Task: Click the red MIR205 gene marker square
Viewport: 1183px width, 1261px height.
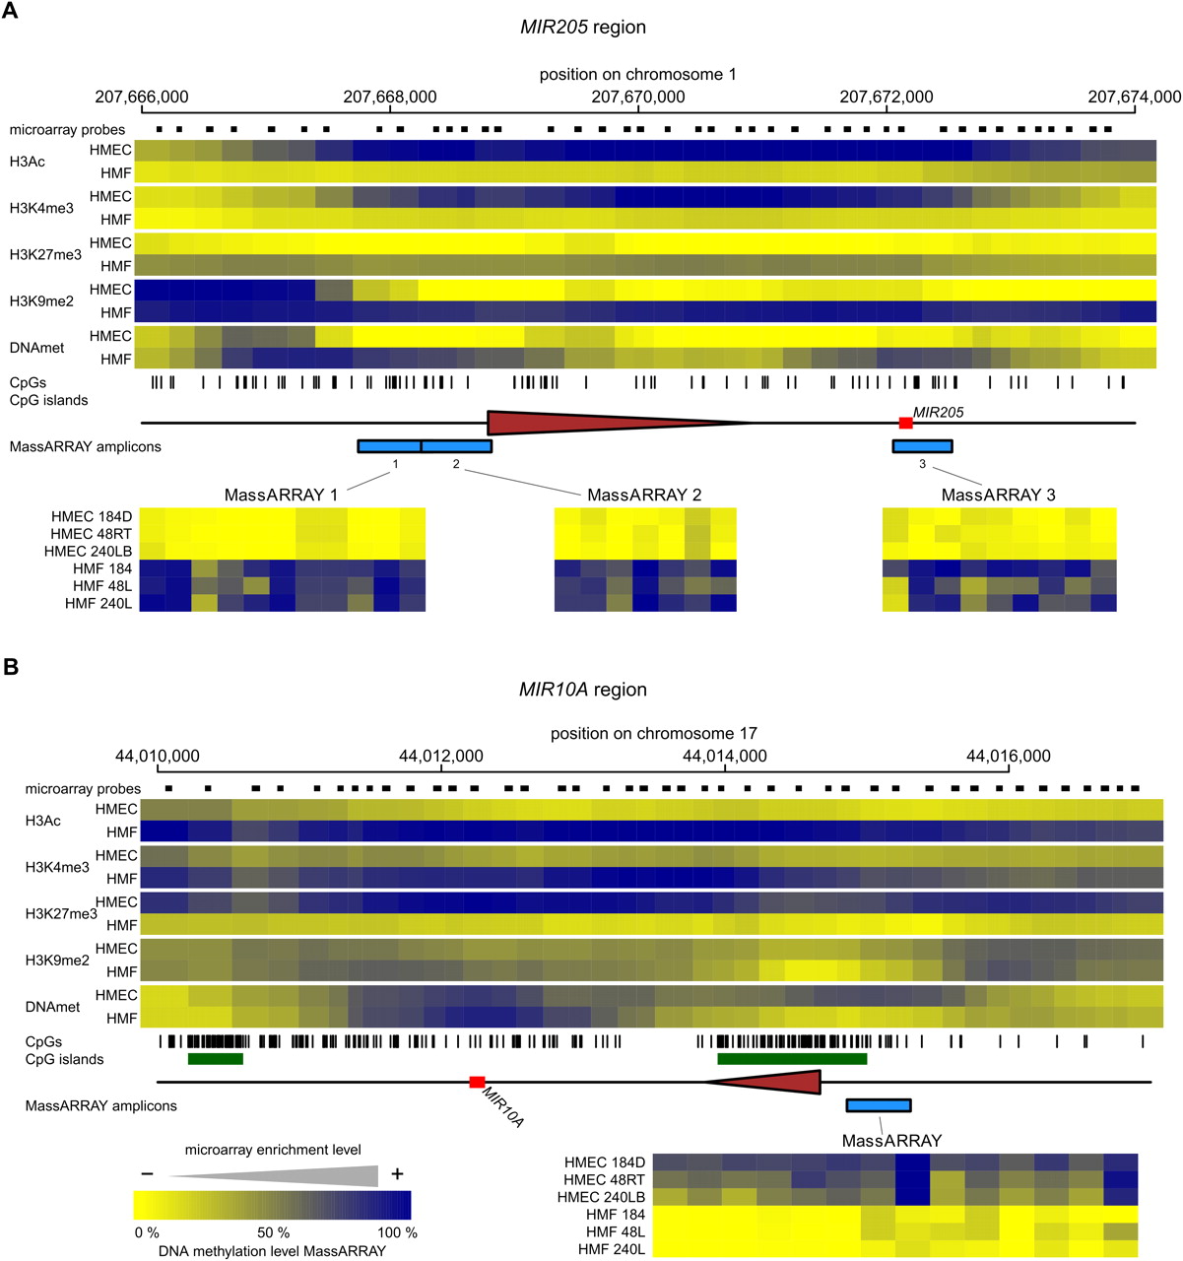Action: click(905, 423)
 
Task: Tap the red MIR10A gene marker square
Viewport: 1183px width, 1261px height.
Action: click(477, 1082)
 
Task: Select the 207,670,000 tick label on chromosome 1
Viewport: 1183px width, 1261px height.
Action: click(638, 97)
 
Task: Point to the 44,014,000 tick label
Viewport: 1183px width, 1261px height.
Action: click(724, 757)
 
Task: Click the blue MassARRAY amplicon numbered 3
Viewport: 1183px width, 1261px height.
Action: click(922, 446)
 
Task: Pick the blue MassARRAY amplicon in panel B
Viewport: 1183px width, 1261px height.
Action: click(878, 1105)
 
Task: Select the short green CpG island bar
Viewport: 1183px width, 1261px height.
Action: click(215, 1059)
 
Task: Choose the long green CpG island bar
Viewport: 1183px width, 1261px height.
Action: click(792, 1059)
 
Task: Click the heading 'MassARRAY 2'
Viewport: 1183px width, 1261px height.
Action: click(644, 495)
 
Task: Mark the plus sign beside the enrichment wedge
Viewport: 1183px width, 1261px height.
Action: click(397, 1173)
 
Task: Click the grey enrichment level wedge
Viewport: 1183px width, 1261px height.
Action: click(296, 1175)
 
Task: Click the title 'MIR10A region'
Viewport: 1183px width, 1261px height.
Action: click(583, 690)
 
